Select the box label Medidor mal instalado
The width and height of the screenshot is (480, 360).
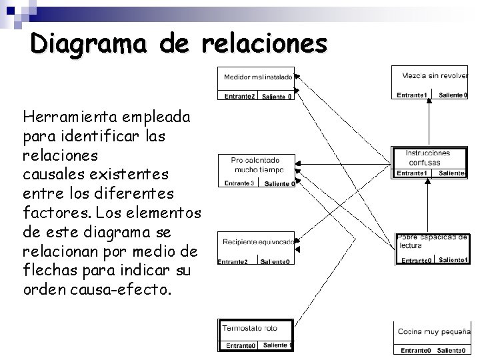(257, 77)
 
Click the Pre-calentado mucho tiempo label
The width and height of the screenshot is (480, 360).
(256, 165)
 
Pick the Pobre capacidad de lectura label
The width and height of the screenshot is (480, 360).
(431, 241)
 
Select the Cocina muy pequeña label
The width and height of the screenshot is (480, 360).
(433, 331)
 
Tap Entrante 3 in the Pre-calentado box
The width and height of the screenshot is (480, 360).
(239, 183)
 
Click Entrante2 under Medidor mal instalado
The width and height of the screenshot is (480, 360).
(239, 97)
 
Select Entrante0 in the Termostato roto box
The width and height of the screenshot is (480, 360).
(239, 345)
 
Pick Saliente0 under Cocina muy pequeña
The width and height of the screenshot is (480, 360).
(451, 350)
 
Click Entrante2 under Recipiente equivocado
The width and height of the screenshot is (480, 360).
(233, 261)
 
